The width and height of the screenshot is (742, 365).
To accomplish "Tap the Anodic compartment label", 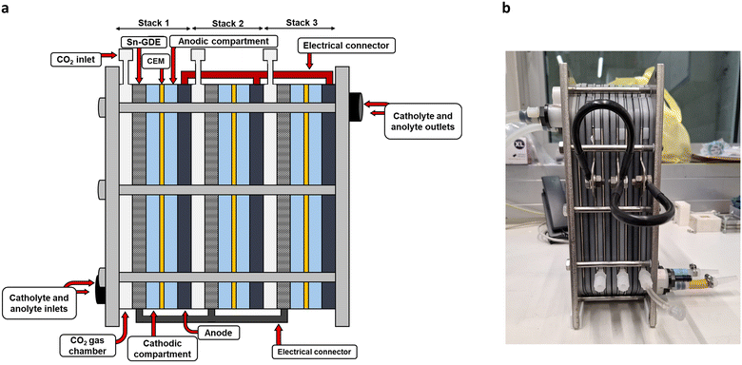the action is coord(224,41).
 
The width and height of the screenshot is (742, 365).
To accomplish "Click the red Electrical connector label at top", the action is coord(346,46).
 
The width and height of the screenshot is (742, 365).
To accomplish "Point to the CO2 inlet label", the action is coord(75,60).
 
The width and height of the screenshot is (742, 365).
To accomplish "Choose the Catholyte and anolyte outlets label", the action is coord(423,121).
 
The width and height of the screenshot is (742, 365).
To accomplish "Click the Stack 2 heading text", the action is coord(227,23).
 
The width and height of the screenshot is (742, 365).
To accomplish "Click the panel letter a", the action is coord(5,8).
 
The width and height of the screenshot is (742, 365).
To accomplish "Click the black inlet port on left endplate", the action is coord(101,286).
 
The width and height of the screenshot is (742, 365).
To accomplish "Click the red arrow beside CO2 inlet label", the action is coord(108,56).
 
